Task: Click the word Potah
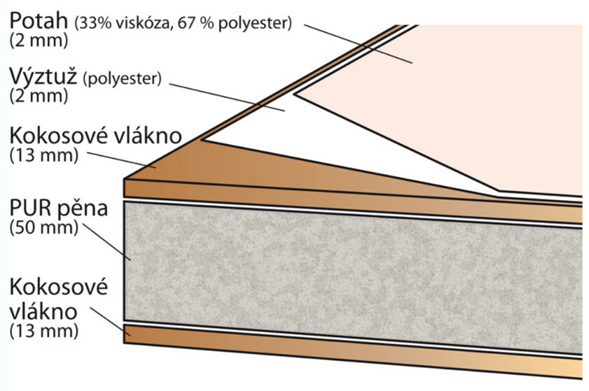39,20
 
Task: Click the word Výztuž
43,77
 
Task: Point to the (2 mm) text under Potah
39,41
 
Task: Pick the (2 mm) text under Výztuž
39,96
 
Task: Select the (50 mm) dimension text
44,227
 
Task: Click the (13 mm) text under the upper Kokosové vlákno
44,155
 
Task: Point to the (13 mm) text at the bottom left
44,331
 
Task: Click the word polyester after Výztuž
123,79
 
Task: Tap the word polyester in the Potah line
255,24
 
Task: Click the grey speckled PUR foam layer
353,278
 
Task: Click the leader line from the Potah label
359,44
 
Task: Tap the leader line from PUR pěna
106,241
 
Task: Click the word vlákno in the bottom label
43,311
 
